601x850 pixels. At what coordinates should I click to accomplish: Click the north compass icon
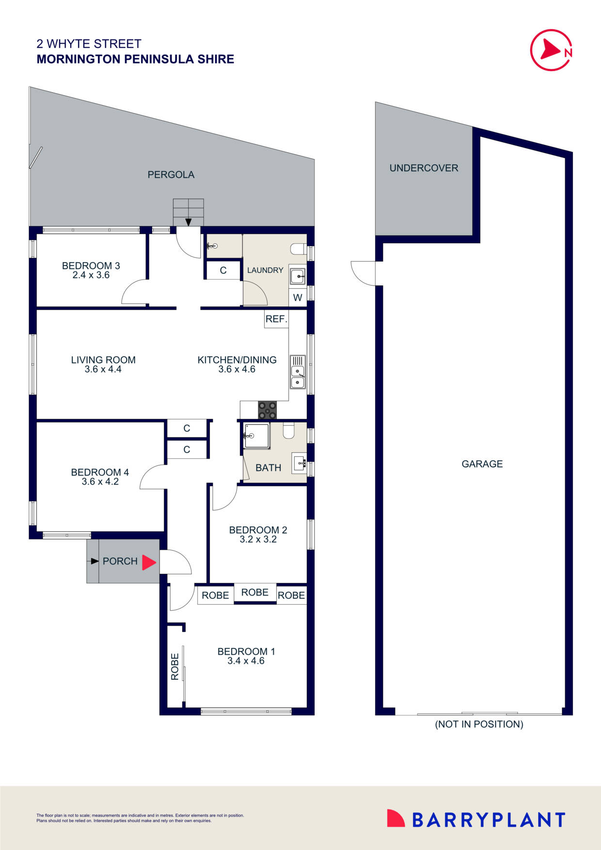(552, 50)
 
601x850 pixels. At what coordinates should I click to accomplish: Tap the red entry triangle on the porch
(149, 562)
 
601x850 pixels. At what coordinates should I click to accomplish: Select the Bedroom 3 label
(91, 266)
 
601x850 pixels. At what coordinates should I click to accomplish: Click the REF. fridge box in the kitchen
(276, 319)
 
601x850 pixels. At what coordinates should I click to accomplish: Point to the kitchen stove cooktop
(267, 410)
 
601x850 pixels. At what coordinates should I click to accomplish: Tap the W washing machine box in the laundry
(298, 298)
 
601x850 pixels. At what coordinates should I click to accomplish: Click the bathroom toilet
(289, 431)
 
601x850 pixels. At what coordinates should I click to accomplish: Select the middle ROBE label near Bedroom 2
(255, 592)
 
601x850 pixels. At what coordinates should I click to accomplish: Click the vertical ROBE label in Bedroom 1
(175, 666)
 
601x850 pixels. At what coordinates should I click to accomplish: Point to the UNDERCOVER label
(424, 168)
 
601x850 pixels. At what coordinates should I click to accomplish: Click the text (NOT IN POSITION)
(479, 724)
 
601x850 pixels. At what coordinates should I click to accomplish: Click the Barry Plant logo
(476, 819)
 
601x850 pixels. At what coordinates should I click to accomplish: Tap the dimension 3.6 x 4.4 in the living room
(103, 369)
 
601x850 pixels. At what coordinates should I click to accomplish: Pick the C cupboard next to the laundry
(223, 270)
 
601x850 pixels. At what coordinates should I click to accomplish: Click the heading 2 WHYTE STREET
(89, 44)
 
